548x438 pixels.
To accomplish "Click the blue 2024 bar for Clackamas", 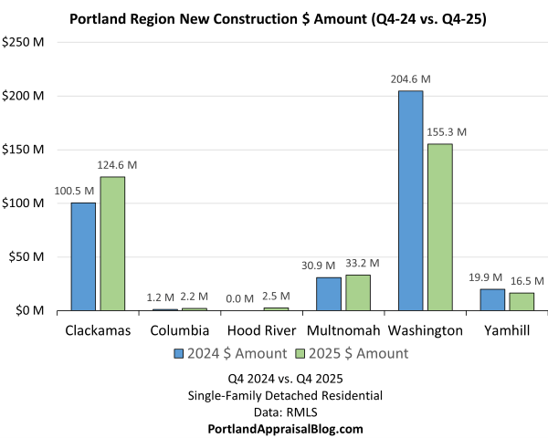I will (83, 256).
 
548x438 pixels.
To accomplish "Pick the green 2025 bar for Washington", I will (439, 227).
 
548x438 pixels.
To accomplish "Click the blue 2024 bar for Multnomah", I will (329, 294).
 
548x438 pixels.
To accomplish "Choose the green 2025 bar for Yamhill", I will (522, 301).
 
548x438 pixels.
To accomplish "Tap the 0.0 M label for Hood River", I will (242, 297).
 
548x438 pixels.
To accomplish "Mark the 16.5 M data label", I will (522, 281).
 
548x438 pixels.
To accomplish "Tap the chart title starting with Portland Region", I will (274, 18).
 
